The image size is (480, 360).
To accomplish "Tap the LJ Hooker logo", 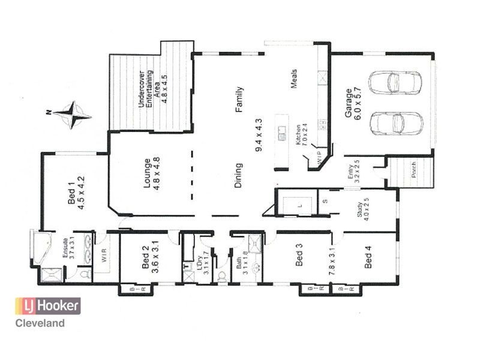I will point(47,307).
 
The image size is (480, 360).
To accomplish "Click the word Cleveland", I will point(40,323).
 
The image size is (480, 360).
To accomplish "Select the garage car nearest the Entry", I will point(395,124).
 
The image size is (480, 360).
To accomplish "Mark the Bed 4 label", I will point(367,257).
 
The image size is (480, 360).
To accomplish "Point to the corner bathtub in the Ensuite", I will point(41,247).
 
